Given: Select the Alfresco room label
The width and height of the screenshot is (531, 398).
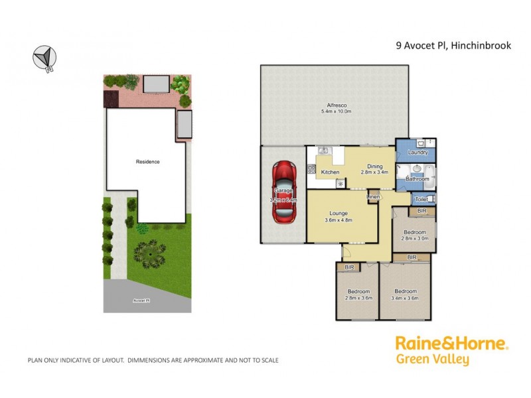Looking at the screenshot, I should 336,105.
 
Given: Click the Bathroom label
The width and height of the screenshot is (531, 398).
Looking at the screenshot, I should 417,179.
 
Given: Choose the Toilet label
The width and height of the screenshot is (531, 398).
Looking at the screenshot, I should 421,199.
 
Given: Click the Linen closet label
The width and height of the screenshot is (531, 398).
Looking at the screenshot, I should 374,197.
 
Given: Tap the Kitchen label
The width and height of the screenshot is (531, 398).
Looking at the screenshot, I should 330,172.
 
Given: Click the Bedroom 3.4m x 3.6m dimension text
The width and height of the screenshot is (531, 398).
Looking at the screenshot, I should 405,298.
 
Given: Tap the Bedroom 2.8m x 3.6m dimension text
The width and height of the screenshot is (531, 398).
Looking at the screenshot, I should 358,298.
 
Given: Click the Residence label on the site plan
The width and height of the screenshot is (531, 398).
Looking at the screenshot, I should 147,162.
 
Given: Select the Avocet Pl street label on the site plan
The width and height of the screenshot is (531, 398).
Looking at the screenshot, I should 141,300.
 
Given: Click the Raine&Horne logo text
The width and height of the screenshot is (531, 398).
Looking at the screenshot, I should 451,344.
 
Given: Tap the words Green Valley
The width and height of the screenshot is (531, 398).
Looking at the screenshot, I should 432,360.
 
